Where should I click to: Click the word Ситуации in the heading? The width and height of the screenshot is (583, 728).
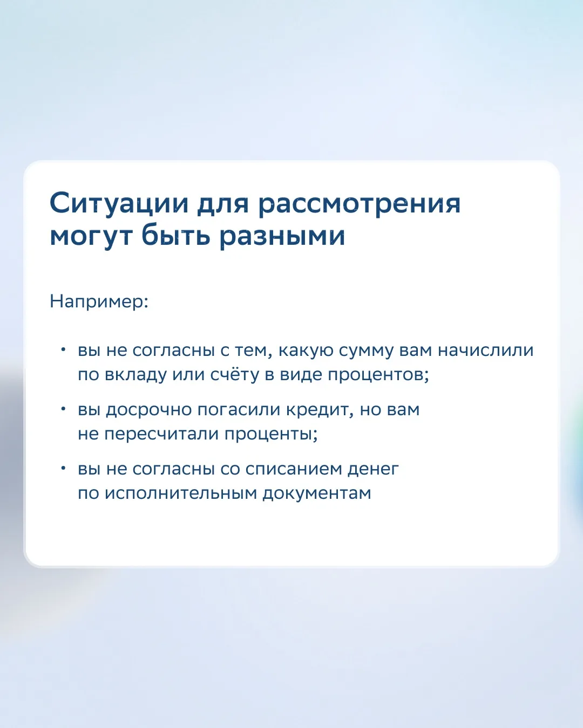tap(119, 204)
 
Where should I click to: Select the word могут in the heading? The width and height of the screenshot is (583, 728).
tap(91, 237)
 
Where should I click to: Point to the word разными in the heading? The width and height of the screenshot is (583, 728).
tap(282, 237)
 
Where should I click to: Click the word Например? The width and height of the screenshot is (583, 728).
tap(99, 301)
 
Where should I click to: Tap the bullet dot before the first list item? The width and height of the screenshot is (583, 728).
tap(63, 349)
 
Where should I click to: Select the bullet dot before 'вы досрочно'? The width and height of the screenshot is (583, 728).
tap(63, 408)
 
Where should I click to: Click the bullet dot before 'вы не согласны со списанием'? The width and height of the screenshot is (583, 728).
tap(63, 468)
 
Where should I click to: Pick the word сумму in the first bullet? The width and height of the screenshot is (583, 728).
tap(367, 351)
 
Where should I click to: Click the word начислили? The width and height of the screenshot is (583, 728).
tap(486, 351)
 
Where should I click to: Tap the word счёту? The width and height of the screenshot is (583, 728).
tap(235, 374)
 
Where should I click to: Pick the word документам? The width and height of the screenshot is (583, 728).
tap(317, 495)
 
